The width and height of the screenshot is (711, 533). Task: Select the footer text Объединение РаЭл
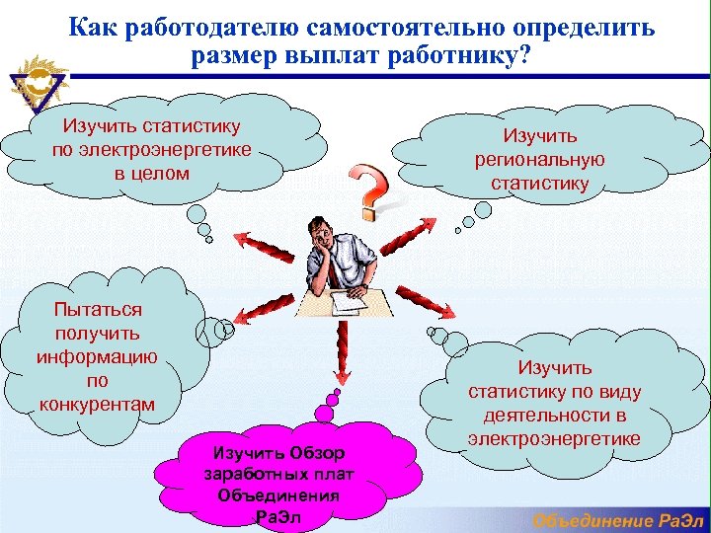click(x=620, y=520)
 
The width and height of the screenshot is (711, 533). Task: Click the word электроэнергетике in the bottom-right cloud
click(x=555, y=438)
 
